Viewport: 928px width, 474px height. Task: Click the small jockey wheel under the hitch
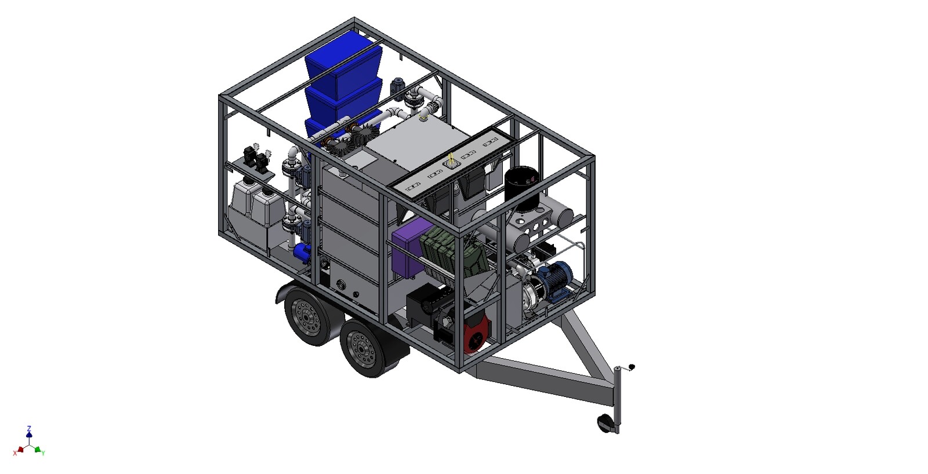[x=606, y=423]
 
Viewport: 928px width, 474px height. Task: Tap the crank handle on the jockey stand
[x=626, y=368]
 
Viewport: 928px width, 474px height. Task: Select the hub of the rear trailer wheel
[x=306, y=318]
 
